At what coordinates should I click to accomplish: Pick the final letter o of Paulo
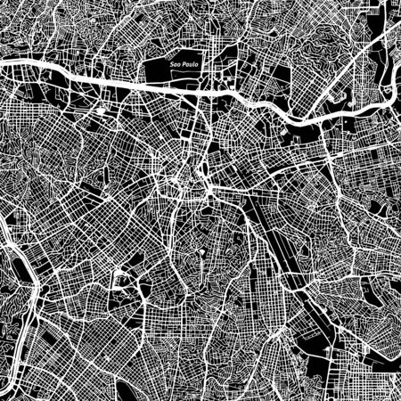pyautogui.click(x=192, y=68)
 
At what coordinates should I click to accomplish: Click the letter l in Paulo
pyautogui.click(x=188, y=68)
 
